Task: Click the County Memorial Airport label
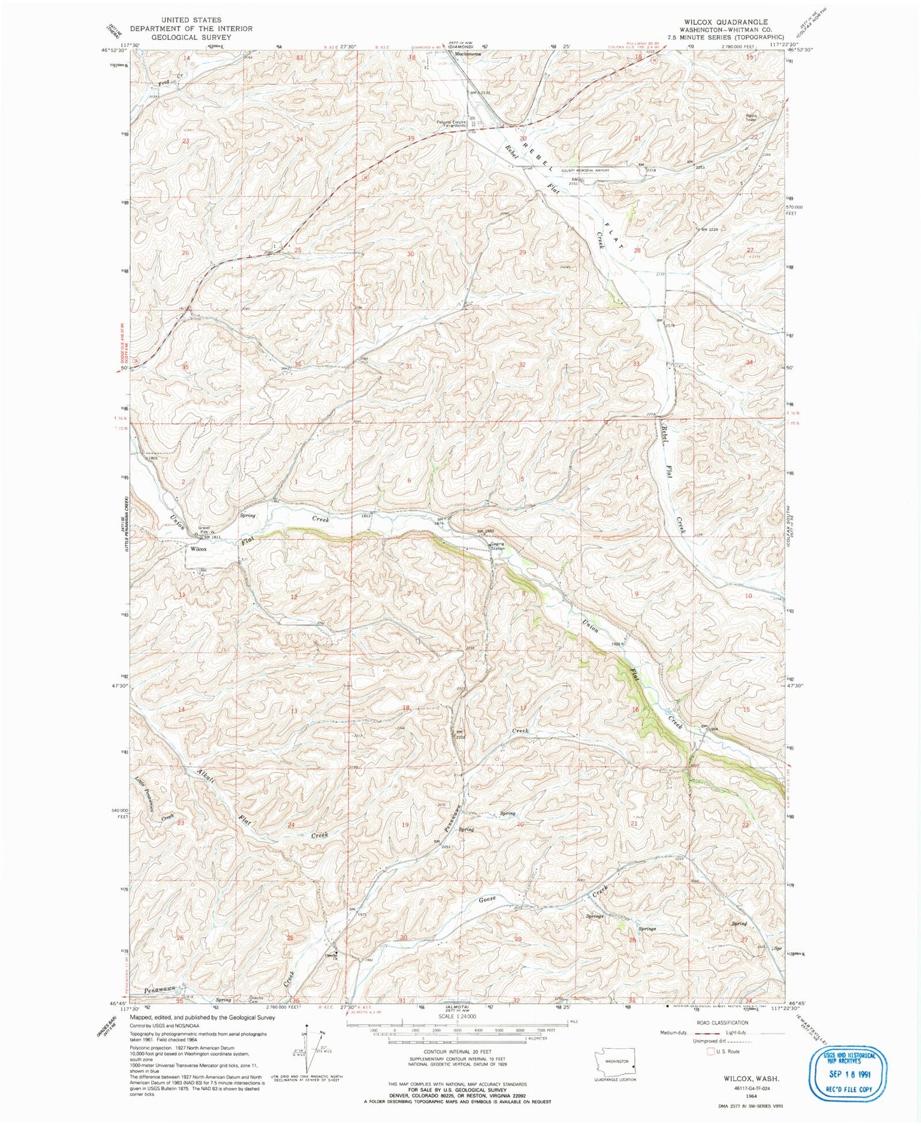click(x=585, y=170)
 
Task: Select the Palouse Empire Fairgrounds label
click(x=452, y=124)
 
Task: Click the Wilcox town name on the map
click(x=198, y=548)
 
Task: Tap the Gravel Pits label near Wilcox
click(x=204, y=530)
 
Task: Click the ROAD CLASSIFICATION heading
click(x=722, y=1023)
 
